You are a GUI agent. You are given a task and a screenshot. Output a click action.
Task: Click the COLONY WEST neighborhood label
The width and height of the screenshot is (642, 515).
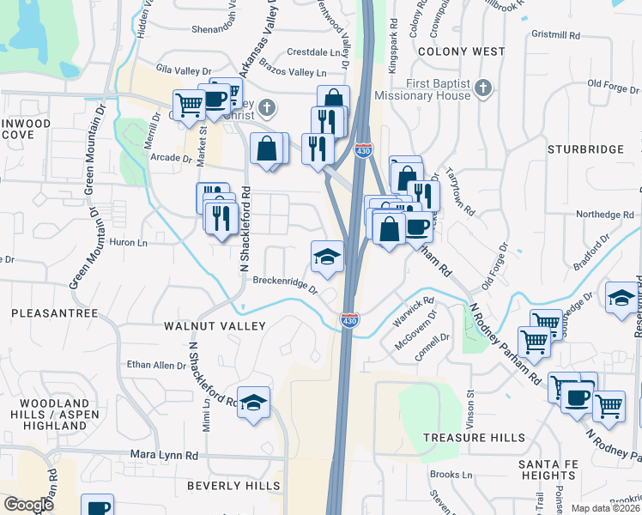point(461,51)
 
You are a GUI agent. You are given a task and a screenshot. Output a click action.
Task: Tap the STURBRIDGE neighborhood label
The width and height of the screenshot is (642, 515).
point(584,149)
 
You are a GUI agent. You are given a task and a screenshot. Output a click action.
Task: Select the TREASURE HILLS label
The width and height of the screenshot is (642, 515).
point(474,438)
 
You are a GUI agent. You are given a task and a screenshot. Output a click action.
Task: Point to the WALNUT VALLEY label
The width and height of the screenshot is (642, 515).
point(215,326)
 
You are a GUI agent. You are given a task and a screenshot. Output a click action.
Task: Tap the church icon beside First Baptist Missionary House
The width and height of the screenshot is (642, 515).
point(482,88)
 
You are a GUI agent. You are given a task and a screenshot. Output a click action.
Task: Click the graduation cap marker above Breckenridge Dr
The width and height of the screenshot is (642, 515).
point(327,256)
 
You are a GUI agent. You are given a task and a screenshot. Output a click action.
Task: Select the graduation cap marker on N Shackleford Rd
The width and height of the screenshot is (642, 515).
point(253,402)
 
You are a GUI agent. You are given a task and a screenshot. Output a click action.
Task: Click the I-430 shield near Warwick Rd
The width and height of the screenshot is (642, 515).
point(349,320)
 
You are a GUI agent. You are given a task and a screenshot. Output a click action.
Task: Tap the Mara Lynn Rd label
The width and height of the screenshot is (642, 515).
point(164,455)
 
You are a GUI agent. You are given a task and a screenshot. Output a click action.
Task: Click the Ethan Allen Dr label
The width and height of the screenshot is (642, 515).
point(156,366)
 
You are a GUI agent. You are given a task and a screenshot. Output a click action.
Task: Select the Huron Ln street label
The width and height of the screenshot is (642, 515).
point(130,243)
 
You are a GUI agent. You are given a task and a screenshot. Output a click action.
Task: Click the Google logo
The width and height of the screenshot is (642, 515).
point(28,505)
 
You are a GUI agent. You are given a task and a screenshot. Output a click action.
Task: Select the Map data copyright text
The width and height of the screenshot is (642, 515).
point(606,508)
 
